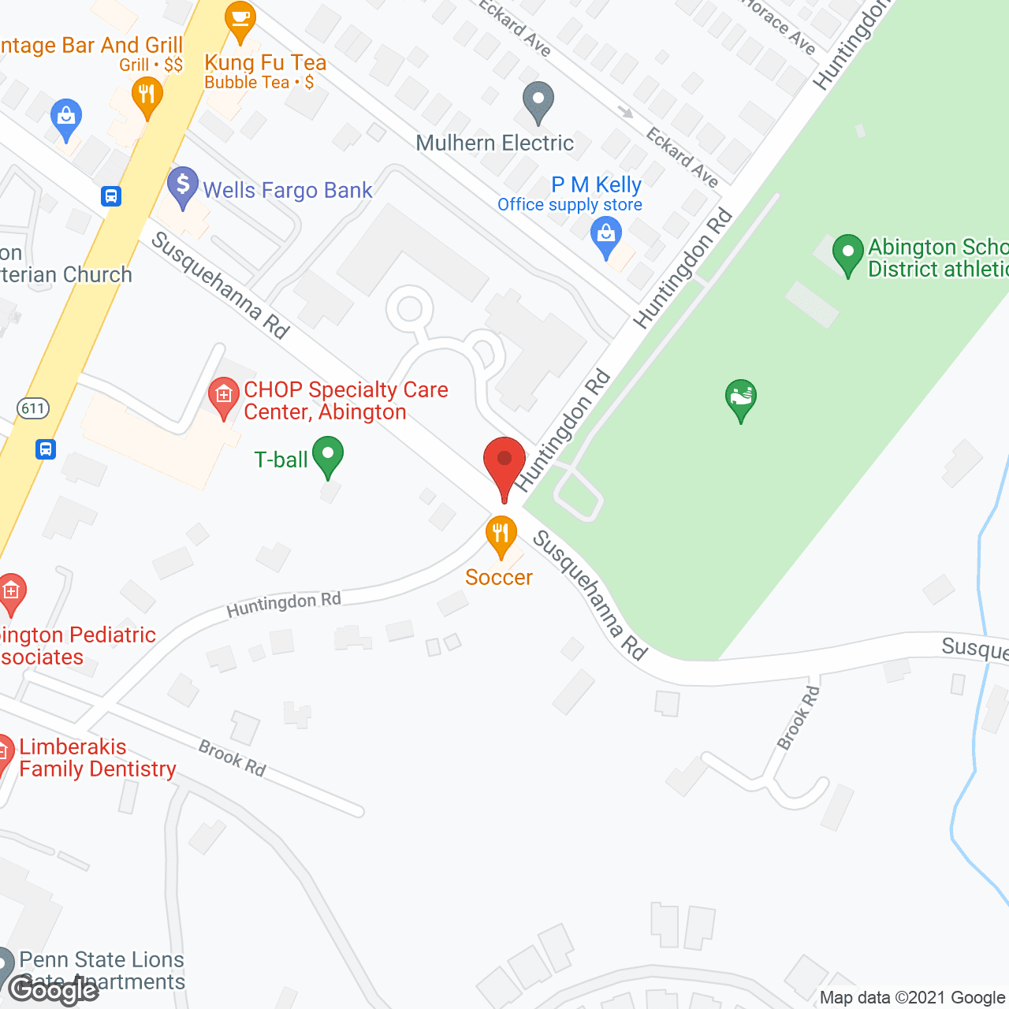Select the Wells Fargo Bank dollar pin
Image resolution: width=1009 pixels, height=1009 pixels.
(183, 186)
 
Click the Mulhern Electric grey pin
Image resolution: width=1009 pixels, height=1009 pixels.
(538, 101)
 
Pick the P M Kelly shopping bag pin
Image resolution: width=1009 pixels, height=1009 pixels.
(605, 236)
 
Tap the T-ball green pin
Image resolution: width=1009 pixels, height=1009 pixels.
(328, 456)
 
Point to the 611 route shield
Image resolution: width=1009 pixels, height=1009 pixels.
(33, 408)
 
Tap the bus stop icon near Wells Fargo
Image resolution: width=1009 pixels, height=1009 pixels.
(111, 195)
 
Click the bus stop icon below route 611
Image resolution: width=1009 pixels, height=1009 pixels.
(46, 449)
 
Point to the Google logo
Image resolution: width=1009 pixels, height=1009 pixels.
(54, 990)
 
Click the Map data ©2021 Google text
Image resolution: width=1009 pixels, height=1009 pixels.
(912, 997)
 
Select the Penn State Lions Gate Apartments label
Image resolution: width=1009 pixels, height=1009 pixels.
(101, 970)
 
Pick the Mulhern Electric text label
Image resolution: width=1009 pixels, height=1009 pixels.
(494, 143)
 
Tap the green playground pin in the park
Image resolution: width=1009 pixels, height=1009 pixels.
(740, 397)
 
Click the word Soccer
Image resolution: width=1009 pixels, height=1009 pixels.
(499, 577)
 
